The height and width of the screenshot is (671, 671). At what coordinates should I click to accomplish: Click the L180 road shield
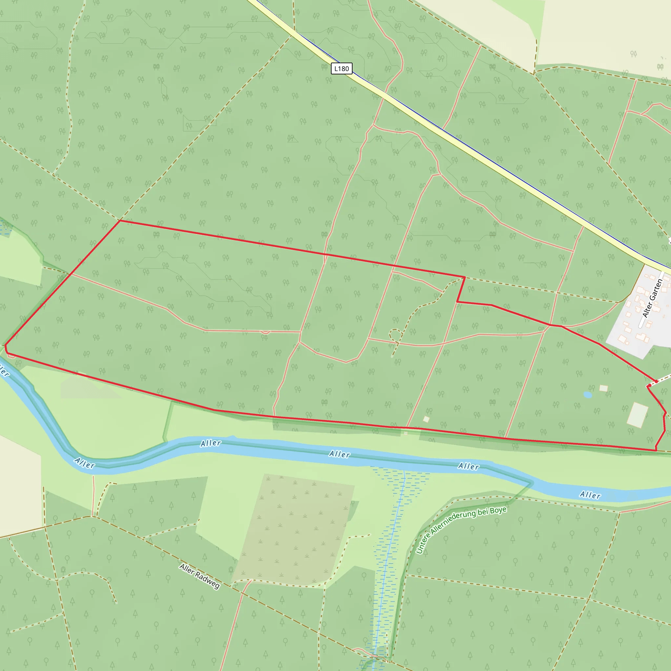[341, 68]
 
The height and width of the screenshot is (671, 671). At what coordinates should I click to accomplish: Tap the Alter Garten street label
[653, 298]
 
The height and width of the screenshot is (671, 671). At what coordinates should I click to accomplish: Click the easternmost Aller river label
[590, 495]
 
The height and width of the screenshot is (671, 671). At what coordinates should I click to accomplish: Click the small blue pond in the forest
[588, 395]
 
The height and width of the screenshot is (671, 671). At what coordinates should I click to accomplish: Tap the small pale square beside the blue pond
[604, 388]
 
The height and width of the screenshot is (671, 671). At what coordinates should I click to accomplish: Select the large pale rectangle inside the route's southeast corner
[637, 415]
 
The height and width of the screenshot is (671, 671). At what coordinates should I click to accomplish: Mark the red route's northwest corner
[120, 220]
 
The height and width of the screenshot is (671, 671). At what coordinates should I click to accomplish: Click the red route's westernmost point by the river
[5, 346]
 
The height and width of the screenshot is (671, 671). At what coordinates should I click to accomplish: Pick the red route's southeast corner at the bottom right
[656, 451]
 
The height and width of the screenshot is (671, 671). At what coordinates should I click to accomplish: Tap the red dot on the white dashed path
[656, 381]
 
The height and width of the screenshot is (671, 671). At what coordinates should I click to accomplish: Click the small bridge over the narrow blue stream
[374, 656]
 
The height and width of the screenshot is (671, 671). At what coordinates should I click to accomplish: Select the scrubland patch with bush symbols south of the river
[295, 528]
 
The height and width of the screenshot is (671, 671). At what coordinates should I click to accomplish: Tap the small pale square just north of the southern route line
[426, 419]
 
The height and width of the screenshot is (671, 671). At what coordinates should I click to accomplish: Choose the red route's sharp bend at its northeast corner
[465, 277]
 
